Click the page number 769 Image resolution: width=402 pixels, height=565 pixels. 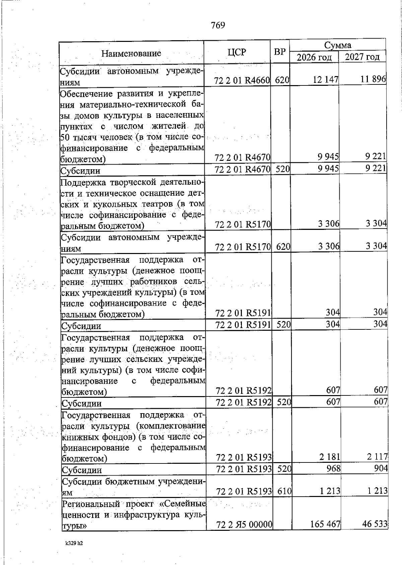218,25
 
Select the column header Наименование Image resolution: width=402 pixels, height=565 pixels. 131,53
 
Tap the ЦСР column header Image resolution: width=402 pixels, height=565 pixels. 237,52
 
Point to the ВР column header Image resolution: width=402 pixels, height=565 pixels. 280,52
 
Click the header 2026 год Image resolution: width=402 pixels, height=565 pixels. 314,57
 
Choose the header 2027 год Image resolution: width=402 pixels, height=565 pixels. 362,57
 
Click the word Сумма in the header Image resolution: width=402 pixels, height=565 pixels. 337,45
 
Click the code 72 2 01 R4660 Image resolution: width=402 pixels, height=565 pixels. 242,80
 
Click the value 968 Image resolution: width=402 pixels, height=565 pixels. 334,468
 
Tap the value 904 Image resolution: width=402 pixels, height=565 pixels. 381,468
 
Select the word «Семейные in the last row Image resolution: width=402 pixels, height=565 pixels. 186,504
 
